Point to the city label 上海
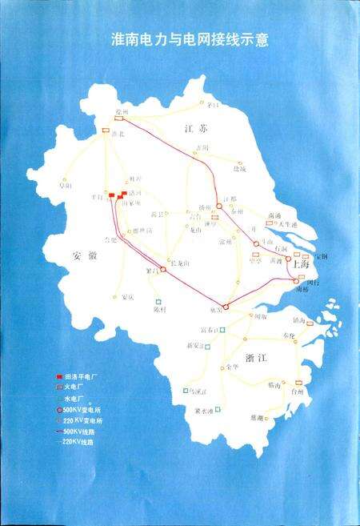tap(302, 262)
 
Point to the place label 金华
tap(233, 366)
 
